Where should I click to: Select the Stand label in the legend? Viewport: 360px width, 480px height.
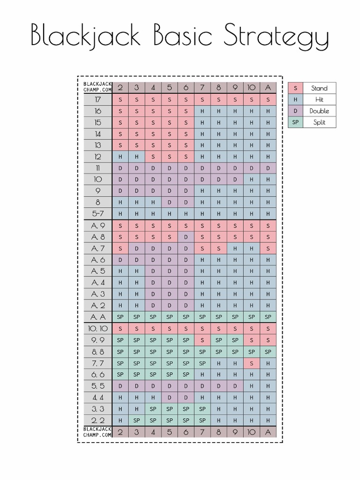click(x=319, y=88)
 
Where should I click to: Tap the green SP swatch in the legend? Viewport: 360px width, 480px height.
click(x=295, y=122)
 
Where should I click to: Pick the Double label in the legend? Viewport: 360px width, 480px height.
click(x=319, y=111)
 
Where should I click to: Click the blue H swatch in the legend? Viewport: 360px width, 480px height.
click(x=295, y=99)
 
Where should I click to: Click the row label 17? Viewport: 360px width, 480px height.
click(x=98, y=99)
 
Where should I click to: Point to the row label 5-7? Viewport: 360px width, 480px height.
click(x=98, y=213)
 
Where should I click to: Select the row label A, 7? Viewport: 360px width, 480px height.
click(x=98, y=247)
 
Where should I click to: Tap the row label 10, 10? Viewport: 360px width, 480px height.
click(x=98, y=328)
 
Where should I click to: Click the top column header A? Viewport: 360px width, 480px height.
click(x=268, y=87)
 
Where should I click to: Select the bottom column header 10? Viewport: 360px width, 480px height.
click(x=252, y=432)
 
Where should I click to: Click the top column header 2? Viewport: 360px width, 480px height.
click(x=120, y=87)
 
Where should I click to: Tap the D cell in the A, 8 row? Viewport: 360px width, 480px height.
click(x=186, y=236)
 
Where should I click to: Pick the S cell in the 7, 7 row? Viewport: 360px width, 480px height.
click(x=252, y=363)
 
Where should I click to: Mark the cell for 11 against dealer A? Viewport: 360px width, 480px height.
click(x=268, y=168)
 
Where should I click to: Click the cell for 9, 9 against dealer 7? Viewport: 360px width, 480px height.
click(x=202, y=340)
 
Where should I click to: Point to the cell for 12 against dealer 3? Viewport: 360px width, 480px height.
click(x=137, y=157)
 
